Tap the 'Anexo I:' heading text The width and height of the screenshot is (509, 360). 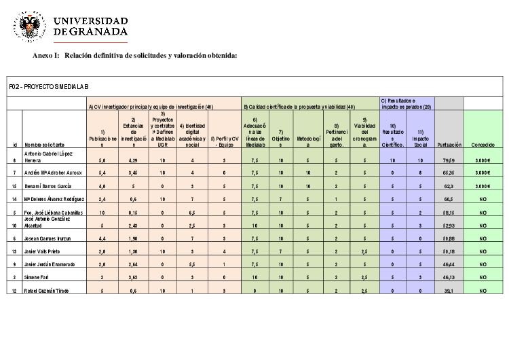pos(45,56)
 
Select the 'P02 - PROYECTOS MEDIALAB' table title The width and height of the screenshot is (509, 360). pos(49,86)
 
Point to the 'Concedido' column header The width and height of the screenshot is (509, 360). pos(483,144)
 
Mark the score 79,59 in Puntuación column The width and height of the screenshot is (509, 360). pos(449,160)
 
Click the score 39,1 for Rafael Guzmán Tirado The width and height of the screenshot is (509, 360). pos(449,291)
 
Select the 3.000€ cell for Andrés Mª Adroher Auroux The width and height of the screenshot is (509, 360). pos(483,173)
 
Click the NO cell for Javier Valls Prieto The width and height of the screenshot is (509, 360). pos(483,251)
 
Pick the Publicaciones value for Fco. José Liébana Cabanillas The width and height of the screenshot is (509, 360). pos(102,212)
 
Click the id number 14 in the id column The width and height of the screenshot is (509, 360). pos(15,199)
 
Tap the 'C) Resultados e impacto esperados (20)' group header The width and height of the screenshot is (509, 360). pos(406,103)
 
